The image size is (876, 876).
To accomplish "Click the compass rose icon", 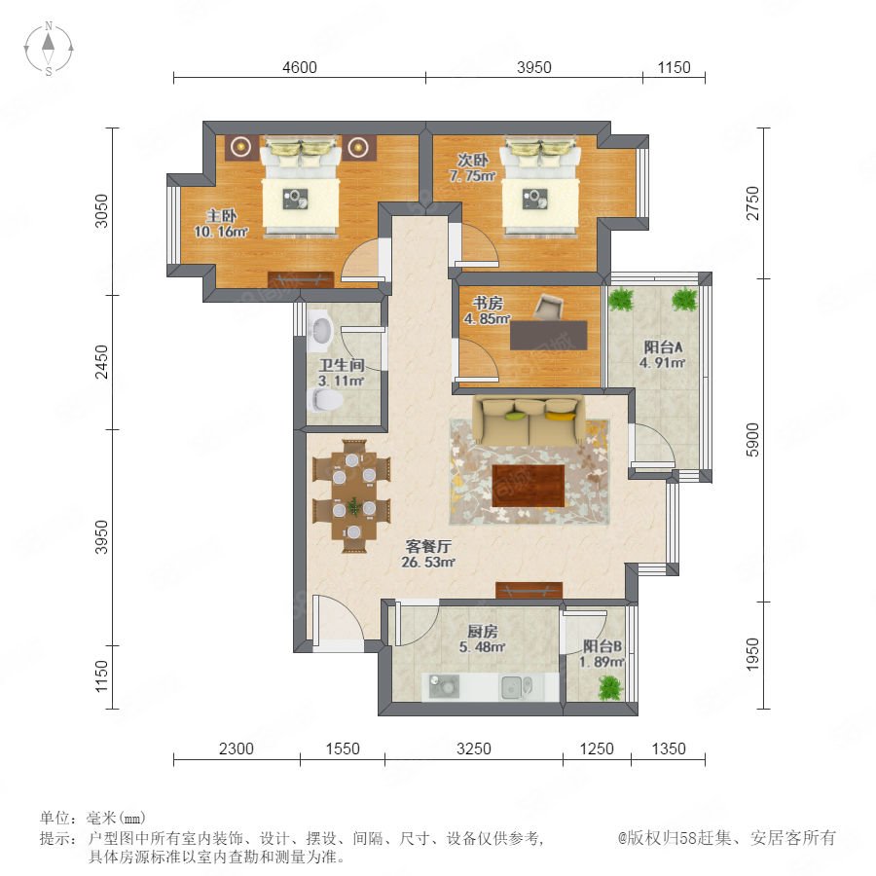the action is point(49,48).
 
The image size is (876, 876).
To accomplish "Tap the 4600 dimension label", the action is point(300,67).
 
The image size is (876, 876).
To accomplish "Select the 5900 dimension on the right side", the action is point(752,440).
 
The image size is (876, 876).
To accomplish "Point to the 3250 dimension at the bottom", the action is point(474,748).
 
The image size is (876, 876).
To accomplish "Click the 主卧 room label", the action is point(221,216).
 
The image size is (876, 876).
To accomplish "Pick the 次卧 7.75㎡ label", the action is point(473,167).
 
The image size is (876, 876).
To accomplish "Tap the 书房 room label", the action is point(488,304).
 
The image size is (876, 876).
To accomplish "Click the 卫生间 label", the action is point(342,365).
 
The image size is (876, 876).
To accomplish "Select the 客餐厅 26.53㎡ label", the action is point(428,554).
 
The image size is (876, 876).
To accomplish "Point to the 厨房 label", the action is point(482,632).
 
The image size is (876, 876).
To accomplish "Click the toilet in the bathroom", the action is point(325,400).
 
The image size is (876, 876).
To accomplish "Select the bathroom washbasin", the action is point(320,330).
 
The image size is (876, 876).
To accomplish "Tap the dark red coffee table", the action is point(528,486).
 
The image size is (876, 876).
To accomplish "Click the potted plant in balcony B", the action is point(610,687).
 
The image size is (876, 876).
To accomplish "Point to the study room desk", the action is point(549,335).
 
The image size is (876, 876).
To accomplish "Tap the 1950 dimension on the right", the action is point(752,655).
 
